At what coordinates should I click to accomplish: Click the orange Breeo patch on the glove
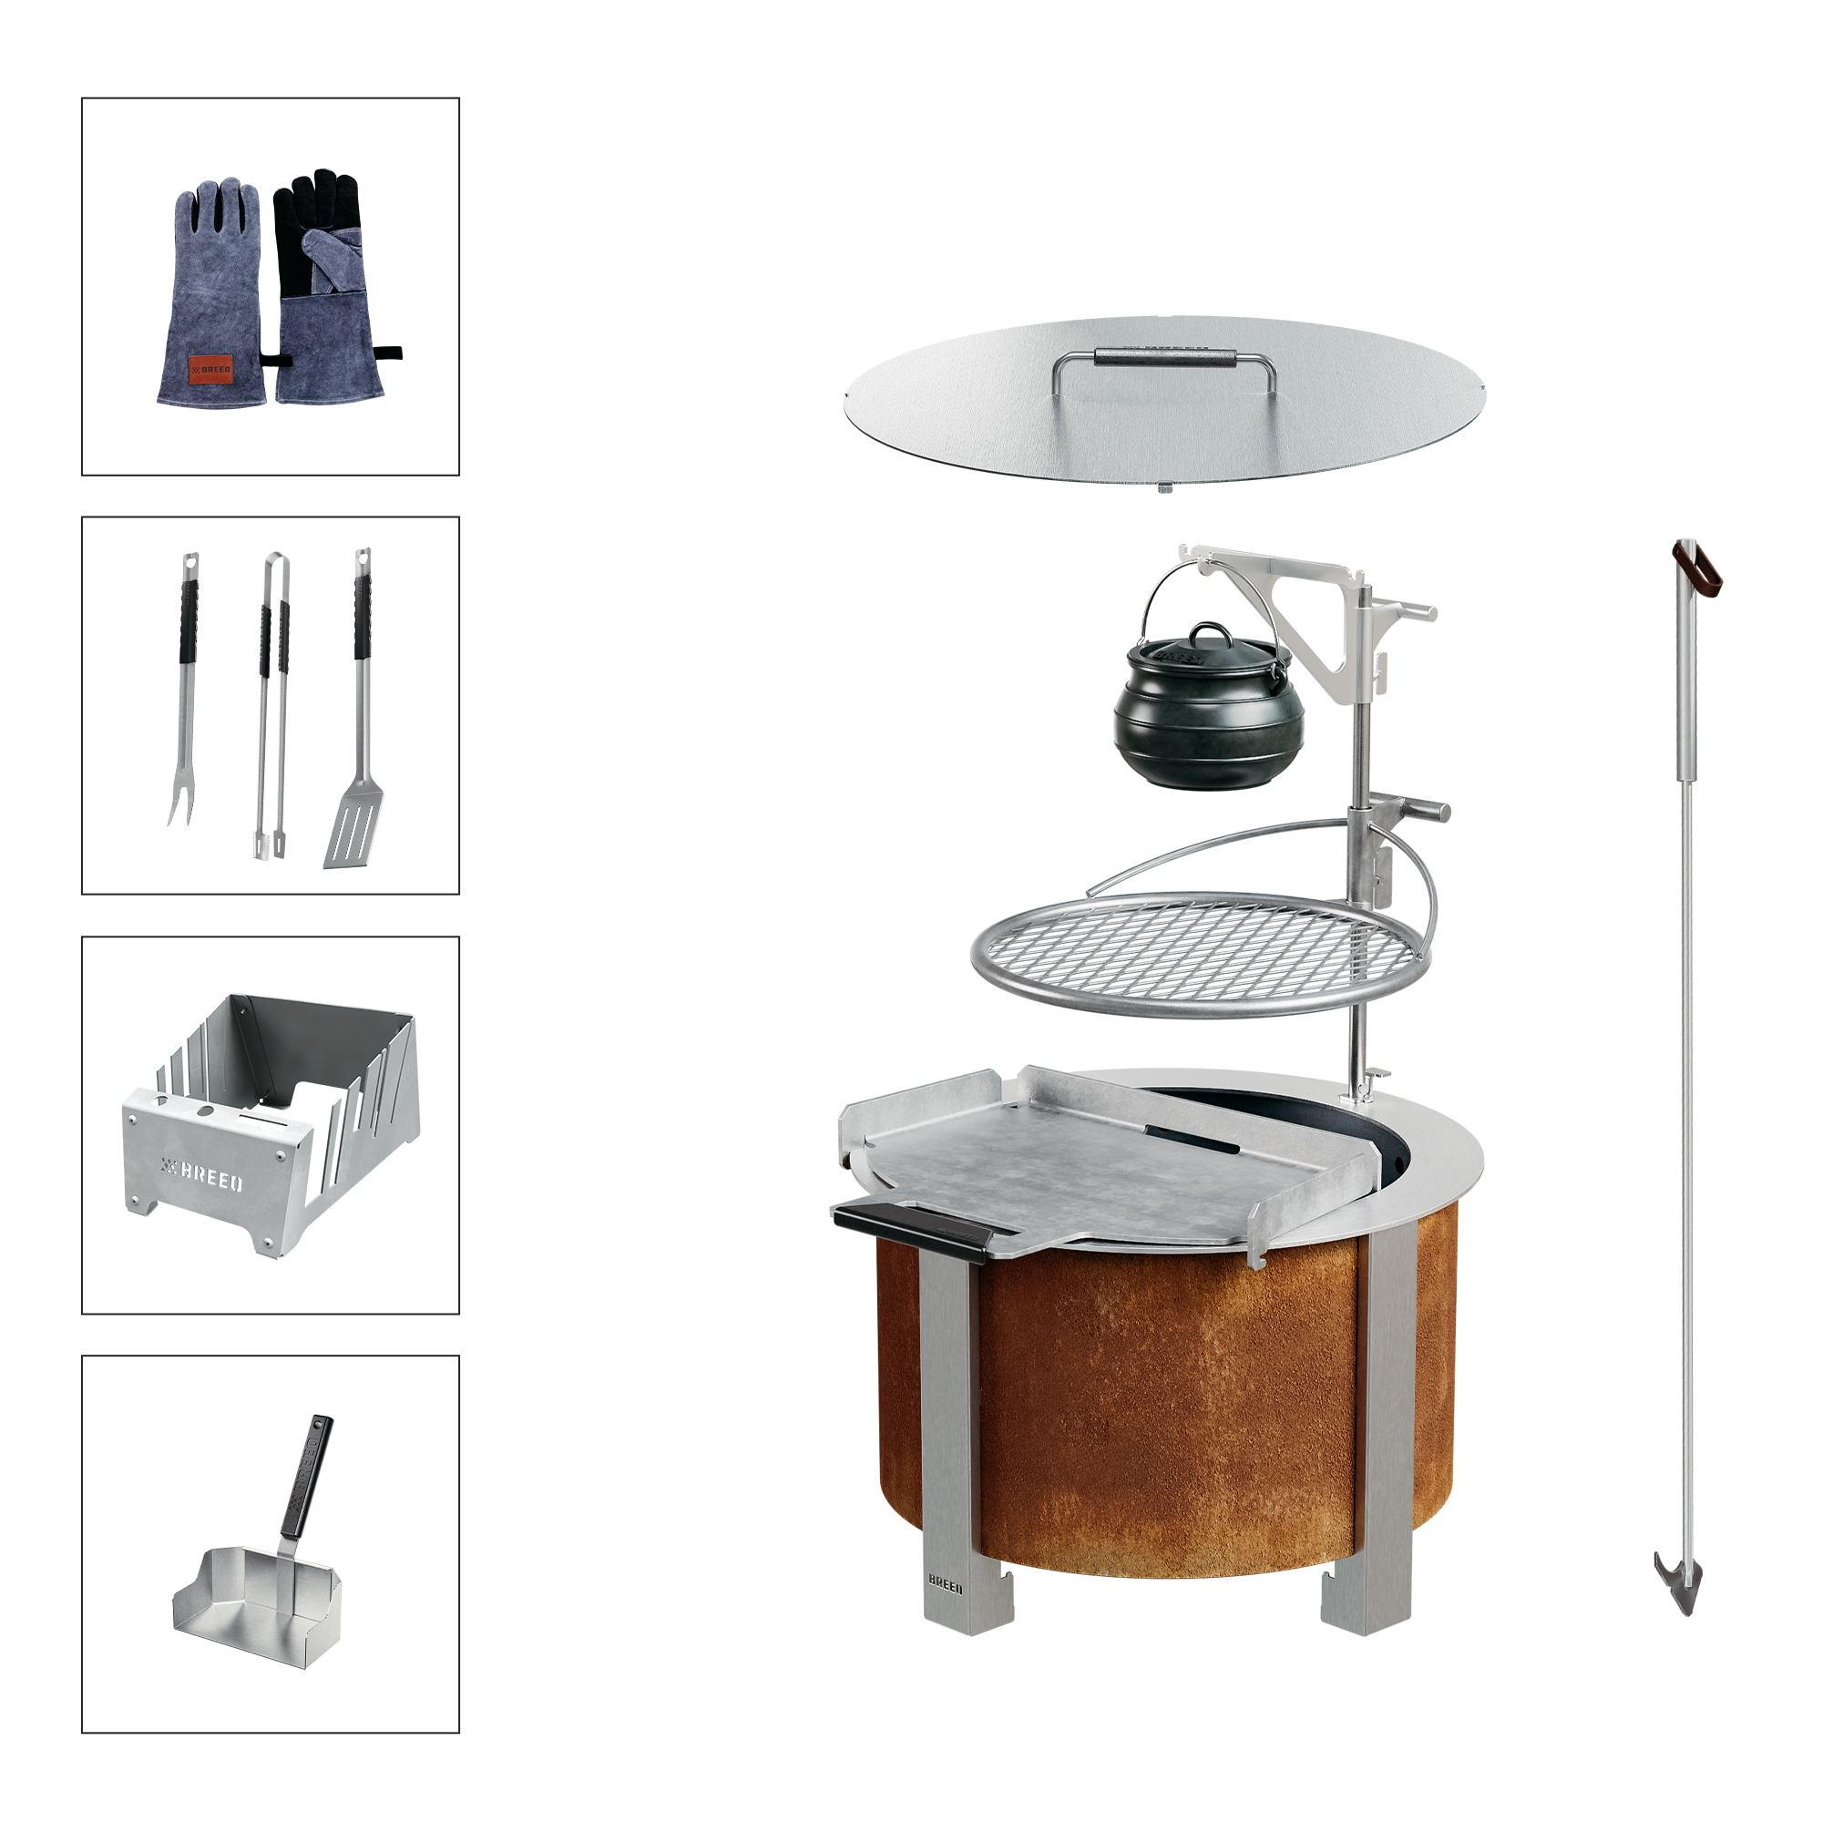[x=210, y=369]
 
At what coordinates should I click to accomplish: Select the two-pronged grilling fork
[x=186, y=689]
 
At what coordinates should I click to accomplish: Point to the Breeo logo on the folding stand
[x=203, y=1175]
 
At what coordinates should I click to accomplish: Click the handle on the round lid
[x=1163, y=359]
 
